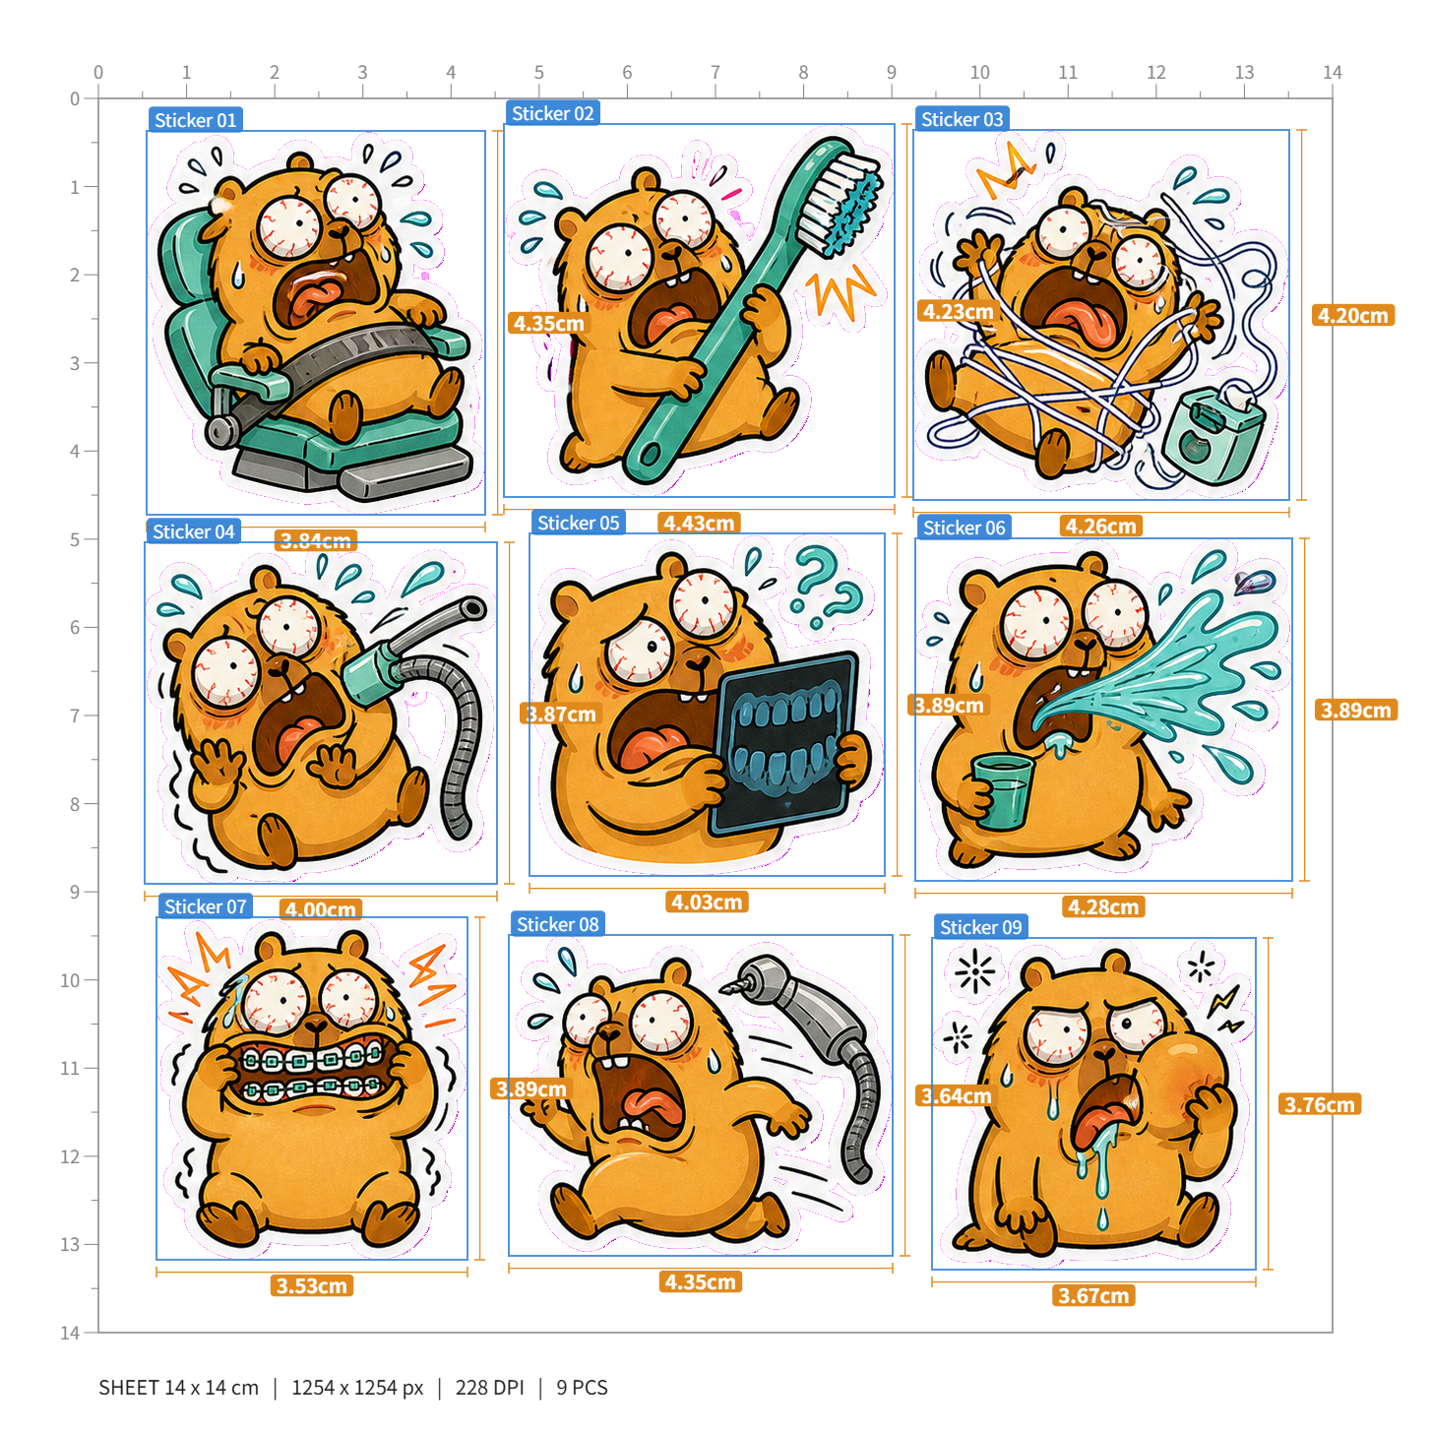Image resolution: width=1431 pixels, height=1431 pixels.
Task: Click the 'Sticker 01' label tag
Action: click(195, 120)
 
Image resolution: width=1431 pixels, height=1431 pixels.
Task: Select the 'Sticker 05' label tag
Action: click(578, 523)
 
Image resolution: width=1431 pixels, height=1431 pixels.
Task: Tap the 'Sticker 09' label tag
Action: click(980, 927)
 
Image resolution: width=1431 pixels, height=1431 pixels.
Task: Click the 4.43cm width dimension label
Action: click(698, 523)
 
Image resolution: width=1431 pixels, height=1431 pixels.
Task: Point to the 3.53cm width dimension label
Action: click(312, 1285)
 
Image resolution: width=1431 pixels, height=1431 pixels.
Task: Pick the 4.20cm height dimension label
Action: click(1353, 316)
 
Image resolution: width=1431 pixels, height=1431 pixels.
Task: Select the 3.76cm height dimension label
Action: click(1320, 1104)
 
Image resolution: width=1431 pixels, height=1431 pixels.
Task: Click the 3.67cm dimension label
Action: click(1093, 1296)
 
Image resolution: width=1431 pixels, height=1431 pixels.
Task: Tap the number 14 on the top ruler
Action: click(1333, 73)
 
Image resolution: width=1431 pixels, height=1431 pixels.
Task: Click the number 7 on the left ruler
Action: click(74, 715)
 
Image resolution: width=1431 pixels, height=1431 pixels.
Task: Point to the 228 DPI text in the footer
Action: click(489, 1387)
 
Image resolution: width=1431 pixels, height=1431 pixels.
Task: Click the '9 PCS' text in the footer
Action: click(583, 1387)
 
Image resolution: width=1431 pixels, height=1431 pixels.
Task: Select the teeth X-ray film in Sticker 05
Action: click(784, 744)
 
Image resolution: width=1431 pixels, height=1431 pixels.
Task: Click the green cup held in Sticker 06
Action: click(1003, 790)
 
